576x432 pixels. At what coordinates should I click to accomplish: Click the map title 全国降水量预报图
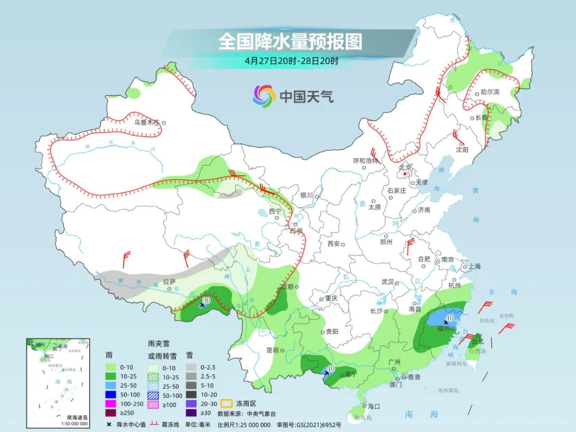pyautogui.click(x=290, y=42)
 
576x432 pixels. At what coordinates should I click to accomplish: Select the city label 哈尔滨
pyautogui.click(x=490, y=92)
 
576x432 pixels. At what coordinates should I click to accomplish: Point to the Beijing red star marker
pyautogui.click(x=405, y=174)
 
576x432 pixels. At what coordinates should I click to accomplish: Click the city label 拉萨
pyautogui.click(x=169, y=282)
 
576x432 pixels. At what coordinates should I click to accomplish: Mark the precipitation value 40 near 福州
pyautogui.click(x=450, y=318)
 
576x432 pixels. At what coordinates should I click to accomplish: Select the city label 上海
pyautogui.click(x=474, y=267)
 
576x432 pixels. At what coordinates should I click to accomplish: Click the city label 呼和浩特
pyautogui.click(x=365, y=161)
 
